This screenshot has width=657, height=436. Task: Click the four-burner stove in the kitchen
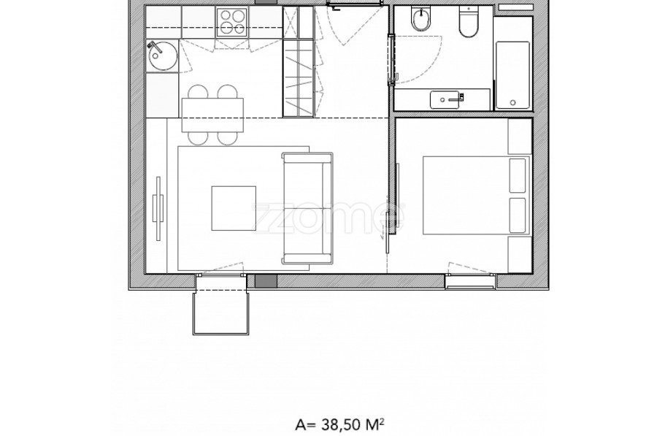point(231,22)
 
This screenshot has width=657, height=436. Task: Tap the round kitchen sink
point(163,56)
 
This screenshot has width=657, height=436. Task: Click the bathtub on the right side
point(513,74)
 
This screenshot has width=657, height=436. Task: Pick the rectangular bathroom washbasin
point(447,100)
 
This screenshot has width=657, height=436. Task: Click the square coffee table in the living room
point(234,208)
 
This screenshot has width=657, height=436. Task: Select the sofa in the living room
point(307,208)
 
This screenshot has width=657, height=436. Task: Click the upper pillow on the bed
point(517,176)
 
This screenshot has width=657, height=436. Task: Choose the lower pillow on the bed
point(517,215)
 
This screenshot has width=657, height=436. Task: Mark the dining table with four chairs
point(212,115)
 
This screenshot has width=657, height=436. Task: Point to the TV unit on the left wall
point(158,208)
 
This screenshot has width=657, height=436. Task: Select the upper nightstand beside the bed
point(520,137)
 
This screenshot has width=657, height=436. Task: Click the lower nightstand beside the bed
point(520,255)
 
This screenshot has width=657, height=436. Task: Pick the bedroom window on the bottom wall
point(470,281)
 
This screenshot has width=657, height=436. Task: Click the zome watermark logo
point(328,218)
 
